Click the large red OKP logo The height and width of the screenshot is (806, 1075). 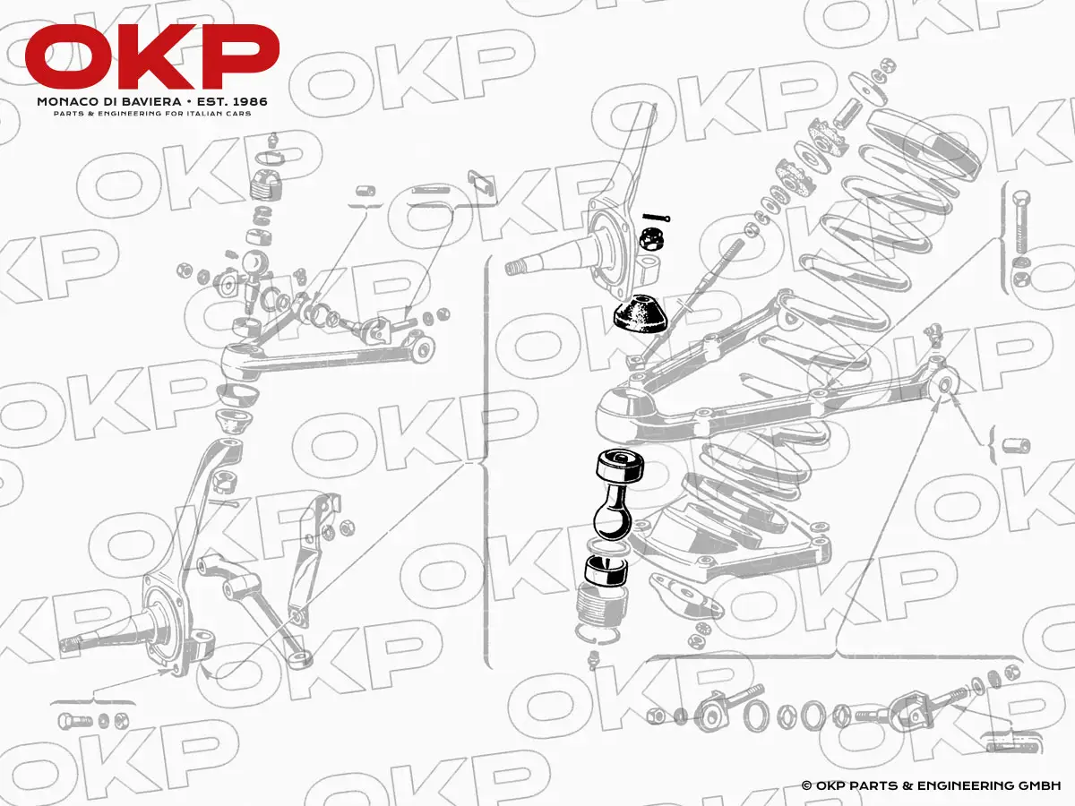[151, 56]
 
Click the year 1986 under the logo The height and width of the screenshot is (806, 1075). [249, 102]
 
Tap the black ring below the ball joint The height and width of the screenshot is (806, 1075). [606, 570]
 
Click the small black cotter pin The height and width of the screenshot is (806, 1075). [657, 218]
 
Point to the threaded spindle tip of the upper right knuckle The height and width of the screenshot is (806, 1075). [517, 268]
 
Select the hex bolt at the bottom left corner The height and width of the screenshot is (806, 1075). [74, 721]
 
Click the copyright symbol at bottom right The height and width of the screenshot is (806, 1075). [806, 786]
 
